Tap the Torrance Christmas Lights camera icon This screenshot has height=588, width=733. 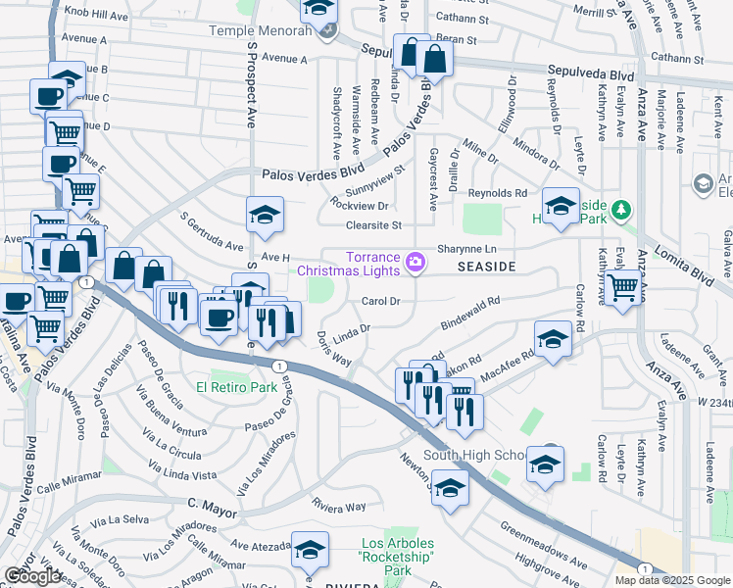tap(415, 262)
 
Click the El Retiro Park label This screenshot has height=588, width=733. tap(236, 387)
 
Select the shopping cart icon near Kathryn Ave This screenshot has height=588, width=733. tap(622, 288)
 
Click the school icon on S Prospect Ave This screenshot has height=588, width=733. tap(264, 216)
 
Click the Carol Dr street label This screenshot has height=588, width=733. tap(382, 301)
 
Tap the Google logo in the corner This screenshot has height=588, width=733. tap(32, 576)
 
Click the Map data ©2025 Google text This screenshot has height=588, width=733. tap(672, 580)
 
